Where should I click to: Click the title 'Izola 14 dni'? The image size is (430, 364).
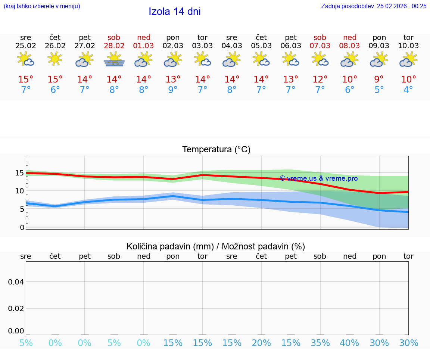175,12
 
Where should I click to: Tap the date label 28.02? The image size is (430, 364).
114,46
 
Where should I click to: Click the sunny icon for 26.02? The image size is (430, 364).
55,59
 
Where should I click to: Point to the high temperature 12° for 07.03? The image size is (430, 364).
320,79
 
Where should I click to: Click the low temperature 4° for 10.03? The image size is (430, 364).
408,90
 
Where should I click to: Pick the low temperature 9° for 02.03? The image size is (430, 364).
173,90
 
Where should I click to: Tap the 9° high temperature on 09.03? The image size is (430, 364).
379,79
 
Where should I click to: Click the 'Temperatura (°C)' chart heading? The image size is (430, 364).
216,149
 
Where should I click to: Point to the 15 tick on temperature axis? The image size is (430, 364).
20,173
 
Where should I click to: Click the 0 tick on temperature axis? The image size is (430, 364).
22,227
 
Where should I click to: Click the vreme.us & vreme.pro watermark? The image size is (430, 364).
318,178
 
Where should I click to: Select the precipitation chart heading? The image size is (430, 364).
216,246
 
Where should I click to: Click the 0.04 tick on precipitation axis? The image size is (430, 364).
16,281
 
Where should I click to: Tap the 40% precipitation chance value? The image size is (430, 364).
349,343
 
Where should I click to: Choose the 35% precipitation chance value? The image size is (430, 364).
320,343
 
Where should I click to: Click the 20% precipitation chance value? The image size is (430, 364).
261,343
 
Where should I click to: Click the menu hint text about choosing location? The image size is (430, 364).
42,6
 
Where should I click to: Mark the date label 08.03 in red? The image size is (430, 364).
349,46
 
